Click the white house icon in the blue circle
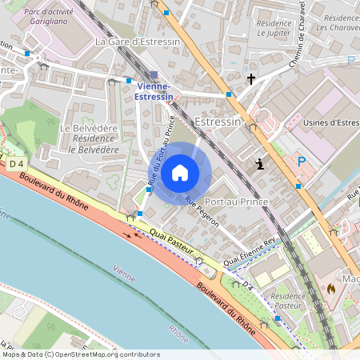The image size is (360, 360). point(180,172)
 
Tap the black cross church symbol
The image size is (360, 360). point(251,79)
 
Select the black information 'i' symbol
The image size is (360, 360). point(259,165)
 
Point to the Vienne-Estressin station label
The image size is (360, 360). point(154,91)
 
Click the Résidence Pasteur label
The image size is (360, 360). point(288,300)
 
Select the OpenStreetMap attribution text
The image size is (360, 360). point(81,354)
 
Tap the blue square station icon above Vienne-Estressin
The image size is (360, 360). point(154,74)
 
